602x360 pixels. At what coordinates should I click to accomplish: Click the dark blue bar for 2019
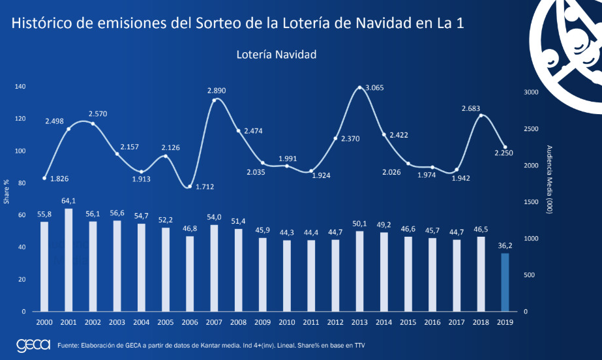504,282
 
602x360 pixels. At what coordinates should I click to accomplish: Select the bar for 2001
68,260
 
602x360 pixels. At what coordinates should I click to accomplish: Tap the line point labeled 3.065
359,87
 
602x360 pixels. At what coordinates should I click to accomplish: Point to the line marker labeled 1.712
190,187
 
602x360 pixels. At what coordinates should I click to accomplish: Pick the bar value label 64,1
68,201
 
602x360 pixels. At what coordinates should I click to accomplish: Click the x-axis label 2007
214,322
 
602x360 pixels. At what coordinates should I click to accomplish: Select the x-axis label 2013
359,322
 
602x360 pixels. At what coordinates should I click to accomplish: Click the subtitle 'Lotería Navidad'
277,55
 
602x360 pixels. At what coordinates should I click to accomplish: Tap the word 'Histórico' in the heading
40,23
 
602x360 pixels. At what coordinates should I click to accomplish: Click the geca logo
33,345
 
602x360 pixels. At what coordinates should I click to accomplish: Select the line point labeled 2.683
481,115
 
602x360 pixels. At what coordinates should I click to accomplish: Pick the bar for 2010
286,275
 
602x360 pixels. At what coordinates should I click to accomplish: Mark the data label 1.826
60,179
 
